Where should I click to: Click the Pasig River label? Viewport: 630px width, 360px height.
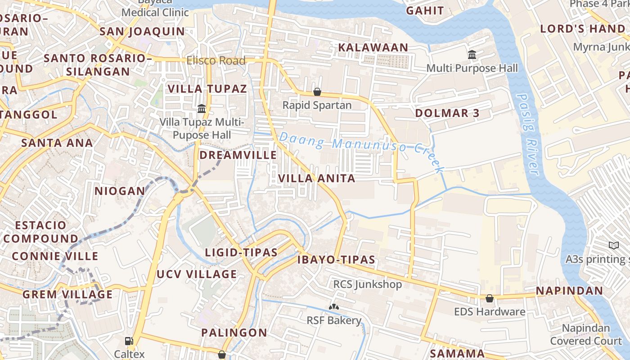point(527,134)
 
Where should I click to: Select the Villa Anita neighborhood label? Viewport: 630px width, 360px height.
point(317,179)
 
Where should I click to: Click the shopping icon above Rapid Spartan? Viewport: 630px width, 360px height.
point(317,92)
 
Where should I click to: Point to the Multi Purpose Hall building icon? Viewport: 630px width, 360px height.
point(472,55)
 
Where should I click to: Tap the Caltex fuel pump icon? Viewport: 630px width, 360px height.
point(129,341)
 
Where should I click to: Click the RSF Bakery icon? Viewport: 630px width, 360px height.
point(334,307)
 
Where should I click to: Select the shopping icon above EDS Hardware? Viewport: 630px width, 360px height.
point(489,298)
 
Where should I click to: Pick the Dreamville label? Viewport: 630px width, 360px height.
point(238,155)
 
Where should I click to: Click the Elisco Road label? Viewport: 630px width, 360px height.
point(216,61)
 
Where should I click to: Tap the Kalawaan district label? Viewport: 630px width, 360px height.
point(373,47)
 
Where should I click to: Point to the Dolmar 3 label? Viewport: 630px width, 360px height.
point(447,113)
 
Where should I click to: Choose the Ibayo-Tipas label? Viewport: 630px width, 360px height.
point(336,260)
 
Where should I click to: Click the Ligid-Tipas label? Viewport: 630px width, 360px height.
point(241,252)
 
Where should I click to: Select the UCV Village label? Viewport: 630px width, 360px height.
point(197,274)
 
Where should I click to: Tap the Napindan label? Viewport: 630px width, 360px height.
point(569,291)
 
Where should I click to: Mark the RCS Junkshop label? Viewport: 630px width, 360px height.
point(367,284)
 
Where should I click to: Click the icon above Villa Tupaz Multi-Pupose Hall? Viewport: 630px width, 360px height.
point(202,109)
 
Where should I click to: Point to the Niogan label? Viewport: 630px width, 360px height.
point(120,191)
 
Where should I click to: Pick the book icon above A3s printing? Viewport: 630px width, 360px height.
point(614,246)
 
